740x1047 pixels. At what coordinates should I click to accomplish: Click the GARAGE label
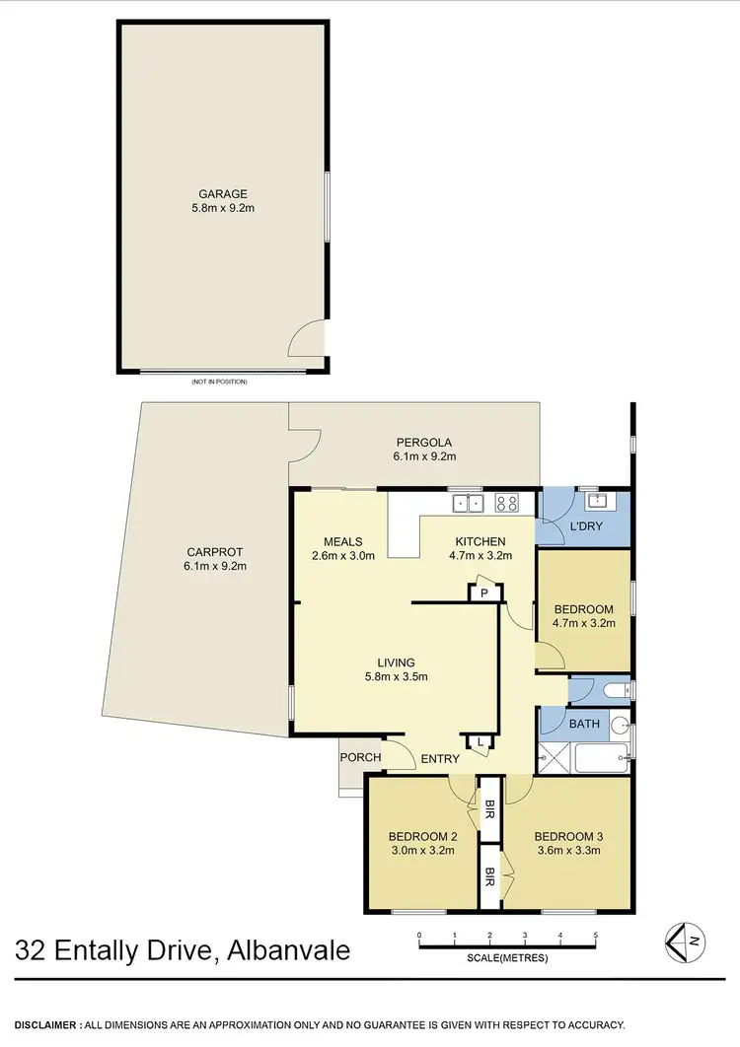point(220,194)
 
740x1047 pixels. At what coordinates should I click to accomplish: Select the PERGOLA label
point(424,443)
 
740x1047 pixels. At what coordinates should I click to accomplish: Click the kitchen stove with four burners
point(506,503)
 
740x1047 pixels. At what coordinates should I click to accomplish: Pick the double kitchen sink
point(468,503)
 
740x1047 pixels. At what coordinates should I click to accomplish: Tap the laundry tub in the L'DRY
point(595,500)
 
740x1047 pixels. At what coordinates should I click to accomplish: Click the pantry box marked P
point(484,593)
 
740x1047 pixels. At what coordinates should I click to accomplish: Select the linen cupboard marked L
point(480,741)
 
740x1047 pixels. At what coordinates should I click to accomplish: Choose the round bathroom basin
point(620,726)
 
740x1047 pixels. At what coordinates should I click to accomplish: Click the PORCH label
point(360,757)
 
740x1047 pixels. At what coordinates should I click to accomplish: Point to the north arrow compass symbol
point(683,942)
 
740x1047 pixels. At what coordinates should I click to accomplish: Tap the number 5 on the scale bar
point(595,934)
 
